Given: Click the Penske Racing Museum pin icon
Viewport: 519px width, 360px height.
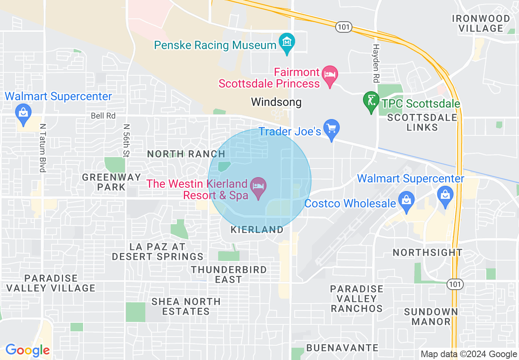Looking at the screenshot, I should click(287, 42).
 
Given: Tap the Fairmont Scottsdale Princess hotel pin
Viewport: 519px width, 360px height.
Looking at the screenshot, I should click(330, 75).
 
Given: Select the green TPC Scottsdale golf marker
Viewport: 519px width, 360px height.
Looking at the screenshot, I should click(371, 100).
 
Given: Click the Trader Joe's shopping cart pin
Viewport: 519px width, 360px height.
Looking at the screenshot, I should click(331, 128).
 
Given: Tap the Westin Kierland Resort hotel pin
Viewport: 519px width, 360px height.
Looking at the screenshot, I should click(258, 187).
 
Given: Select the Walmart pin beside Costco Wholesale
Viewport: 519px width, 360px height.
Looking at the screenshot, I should click(445, 194).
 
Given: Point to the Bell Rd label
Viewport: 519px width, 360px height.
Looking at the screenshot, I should click(103, 116).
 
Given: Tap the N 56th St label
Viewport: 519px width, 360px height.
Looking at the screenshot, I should click(126, 141).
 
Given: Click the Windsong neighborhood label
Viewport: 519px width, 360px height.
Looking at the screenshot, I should click(276, 102).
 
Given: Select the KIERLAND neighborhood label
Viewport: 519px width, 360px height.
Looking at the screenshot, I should click(257, 230).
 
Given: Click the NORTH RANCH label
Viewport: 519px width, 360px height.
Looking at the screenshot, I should click(186, 154).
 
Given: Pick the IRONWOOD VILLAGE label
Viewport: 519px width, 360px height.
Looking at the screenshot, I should click(481, 23).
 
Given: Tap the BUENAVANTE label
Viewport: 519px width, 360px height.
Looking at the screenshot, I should click(342, 348).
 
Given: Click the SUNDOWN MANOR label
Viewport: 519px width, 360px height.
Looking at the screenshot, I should click(431, 317).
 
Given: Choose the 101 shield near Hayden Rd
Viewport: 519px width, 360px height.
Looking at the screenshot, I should click(343, 27).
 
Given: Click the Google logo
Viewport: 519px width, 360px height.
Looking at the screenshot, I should click(27, 351).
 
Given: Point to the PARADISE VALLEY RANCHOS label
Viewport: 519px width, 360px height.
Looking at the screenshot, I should click(357, 299).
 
